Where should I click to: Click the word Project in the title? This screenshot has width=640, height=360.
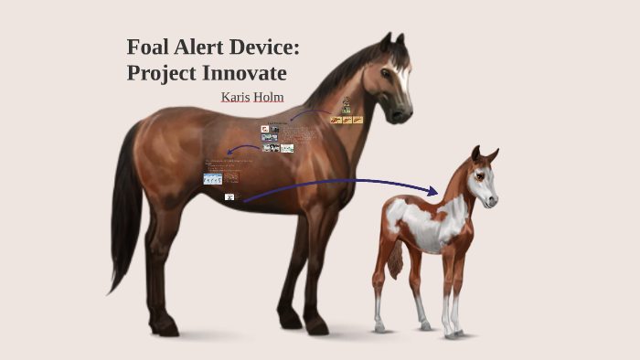click(x=161, y=73)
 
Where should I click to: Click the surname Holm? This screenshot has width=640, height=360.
click(x=269, y=96)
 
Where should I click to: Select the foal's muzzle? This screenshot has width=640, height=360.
click(x=492, y=198)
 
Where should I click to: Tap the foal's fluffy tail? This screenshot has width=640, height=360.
click(x=396, y=263)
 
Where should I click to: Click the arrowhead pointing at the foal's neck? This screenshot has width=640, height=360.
click(x=432, y=191)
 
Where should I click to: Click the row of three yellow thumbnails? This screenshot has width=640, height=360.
click(x=347, y=120)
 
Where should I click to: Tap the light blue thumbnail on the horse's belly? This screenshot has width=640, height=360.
click(x=213, y=179)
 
